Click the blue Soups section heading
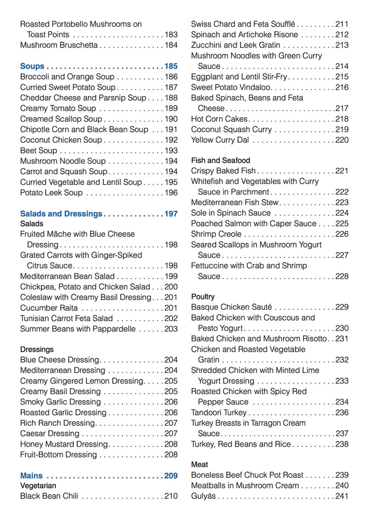32,66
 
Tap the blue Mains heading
31,476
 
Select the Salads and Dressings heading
61,214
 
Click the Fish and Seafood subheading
220,160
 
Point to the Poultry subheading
203,297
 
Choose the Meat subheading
199,464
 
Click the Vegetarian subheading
38,486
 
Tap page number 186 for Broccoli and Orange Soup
171,77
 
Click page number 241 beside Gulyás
342,496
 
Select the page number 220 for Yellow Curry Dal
342,140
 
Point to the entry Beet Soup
38,151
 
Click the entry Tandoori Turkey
219,412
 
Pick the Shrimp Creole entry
216,234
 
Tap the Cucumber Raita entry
49,308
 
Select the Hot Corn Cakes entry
219,119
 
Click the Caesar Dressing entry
50,433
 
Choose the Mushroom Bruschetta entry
59,45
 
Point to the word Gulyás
203,496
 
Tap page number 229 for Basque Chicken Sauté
342,307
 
